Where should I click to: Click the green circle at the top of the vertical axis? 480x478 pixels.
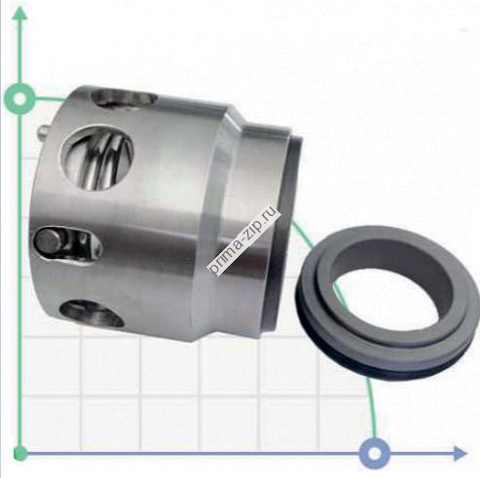coord(18,97)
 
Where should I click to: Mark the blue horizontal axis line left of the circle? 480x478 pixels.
coord(195,453)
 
